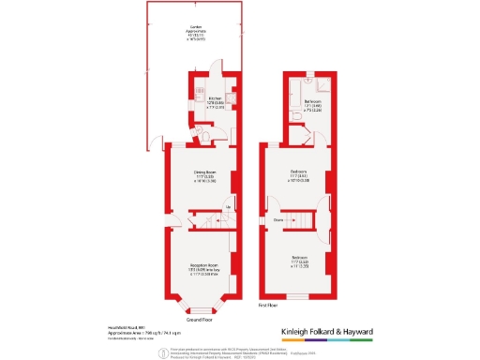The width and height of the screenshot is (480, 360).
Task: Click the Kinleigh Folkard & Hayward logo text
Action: click(x=328, y=332)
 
